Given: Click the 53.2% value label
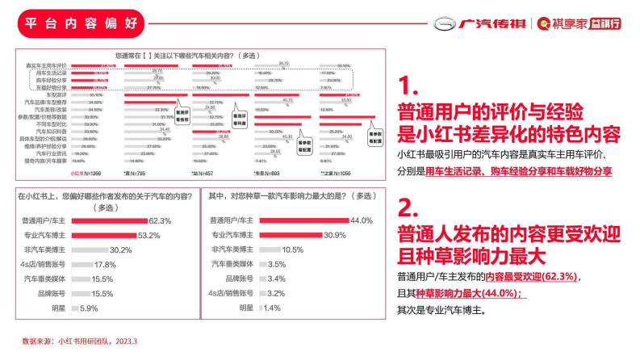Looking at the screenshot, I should (149, 235).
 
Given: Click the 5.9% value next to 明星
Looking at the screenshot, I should (89, 308).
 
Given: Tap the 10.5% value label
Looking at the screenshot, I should (292, 249).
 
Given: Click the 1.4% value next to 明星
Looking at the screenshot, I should (272, 308).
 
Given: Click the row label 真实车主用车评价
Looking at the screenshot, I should (46, 65).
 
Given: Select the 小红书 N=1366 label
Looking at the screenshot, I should (85, 173).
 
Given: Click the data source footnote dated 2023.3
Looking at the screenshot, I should (79, 341).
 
